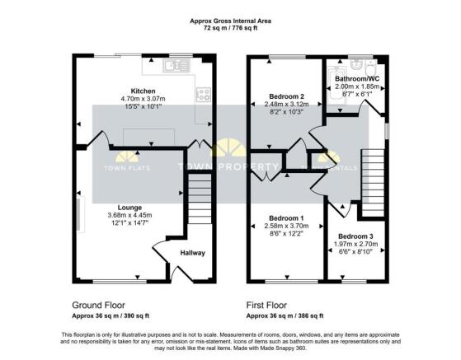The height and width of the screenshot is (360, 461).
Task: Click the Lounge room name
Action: (x=129, y=207)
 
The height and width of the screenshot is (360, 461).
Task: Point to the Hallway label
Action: (x=192, y=253)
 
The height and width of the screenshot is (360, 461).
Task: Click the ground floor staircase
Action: (x=199, y=202)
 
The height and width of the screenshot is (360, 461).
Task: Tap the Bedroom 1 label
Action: (x=282, y=216)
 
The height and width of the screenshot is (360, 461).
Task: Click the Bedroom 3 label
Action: (x=355, y=236)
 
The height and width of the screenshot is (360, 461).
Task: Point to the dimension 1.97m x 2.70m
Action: (x=355, y=245)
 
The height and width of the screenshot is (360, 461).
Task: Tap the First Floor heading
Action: (x=271, y=303)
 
